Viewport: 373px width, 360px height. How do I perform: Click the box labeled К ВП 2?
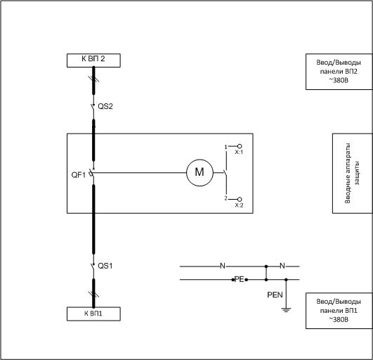tap(93, 60)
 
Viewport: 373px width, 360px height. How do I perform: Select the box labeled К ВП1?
tap(93, 314)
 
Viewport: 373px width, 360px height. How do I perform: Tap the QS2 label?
tap(105, 106)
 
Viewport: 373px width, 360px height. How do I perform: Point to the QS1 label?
tap(105, 266)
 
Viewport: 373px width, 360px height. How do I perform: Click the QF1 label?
tap(79, 175)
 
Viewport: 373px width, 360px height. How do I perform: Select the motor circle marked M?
tap(199, 173)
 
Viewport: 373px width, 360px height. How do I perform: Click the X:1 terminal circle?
tap(240, 146)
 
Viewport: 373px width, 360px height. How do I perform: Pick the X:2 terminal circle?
tap(240, 199)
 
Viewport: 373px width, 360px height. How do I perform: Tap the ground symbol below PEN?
tap(286, 310)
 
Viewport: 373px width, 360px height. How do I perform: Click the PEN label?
tap(275, 295)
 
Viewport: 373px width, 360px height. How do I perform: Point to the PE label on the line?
tap(240, 279)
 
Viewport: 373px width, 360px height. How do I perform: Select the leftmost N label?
tap(223, 266)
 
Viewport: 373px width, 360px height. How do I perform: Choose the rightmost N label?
tap(282, 266)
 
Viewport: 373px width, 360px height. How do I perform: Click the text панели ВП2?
tap(339, 72)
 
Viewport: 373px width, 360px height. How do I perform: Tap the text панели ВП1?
tap(339, 311)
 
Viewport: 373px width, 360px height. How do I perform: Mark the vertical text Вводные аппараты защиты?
tap(352, 173)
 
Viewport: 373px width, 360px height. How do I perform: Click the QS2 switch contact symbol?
tap(93, 106)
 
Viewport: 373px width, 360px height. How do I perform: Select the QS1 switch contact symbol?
tap(93, 266)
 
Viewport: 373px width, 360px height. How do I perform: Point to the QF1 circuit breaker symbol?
tap(91, 174)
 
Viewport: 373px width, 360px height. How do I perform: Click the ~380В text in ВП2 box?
tap(339, 80)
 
